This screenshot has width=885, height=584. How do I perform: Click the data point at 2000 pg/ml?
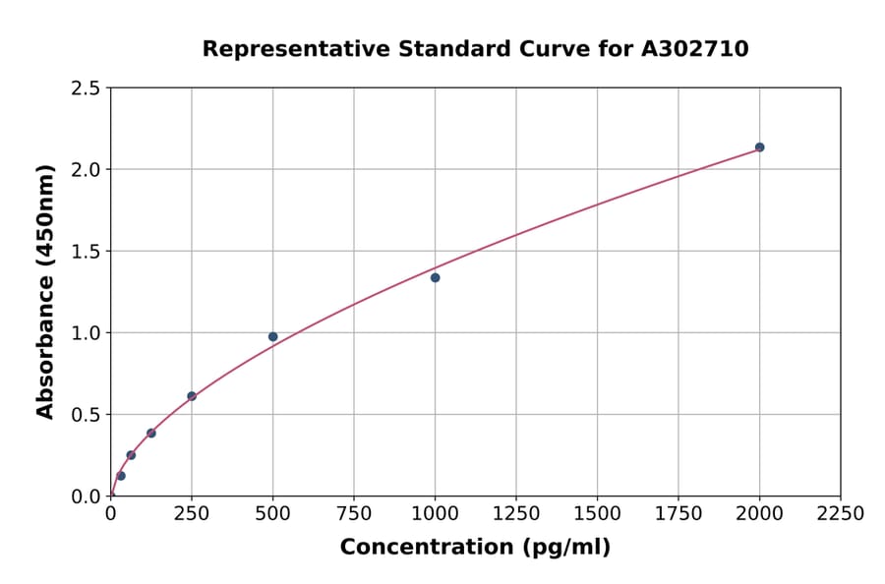[759, 147]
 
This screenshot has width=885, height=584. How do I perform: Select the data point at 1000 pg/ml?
[435, 277]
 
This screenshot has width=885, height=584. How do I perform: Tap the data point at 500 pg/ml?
[272, 336]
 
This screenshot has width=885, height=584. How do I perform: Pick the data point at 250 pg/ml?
[192, 396]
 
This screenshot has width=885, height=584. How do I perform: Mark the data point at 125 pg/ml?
[151, 433]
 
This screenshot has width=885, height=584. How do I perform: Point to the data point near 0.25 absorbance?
[131, 455]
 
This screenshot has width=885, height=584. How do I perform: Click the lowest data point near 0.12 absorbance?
[121, 476]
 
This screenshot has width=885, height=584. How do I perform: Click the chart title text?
[475, 48]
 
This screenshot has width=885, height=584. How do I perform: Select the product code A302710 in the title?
[696, 48]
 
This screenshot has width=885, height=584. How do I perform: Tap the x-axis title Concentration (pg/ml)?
[475, 548]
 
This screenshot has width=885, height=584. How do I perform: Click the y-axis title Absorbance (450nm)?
[45, 291]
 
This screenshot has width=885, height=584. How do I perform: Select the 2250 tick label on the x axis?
[840, 514]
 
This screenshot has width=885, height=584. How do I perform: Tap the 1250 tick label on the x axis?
[515, 514]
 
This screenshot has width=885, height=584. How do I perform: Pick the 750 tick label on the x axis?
[353, 514]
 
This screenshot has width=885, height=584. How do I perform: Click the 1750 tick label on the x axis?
[678, 514]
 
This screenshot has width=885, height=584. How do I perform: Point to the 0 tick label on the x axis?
[110, 514]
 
